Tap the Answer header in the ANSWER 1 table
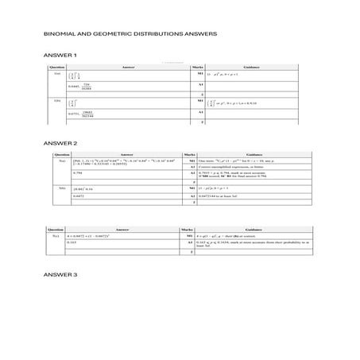click(x=128, y=68)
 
